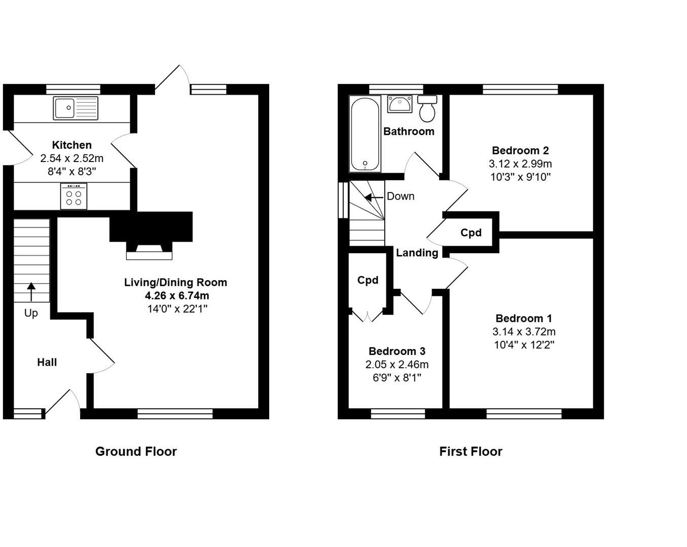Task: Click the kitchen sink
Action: [76, 107]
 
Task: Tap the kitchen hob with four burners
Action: [74, 197]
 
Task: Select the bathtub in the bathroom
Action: [365, 134]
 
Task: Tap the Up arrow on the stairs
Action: [31, 292]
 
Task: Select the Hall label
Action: [47, 362]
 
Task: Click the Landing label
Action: [417, 253]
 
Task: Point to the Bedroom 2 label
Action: [520, 150]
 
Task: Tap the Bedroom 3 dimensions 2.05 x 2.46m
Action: [397, 365]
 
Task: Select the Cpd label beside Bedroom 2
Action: [471, 233]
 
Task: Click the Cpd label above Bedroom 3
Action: [368, 280]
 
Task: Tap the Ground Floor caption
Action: [136, 451]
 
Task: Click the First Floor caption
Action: [471, 451]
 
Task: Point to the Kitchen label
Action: [72, 145]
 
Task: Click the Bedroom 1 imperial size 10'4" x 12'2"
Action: [524, 345]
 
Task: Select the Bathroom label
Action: [409, 132]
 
